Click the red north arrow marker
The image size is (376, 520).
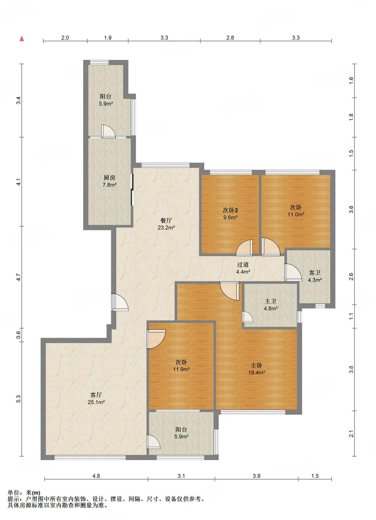click(x=22, y=38)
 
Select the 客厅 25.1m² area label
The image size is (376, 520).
click(x=96, y=398)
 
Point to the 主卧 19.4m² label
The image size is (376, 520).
click(x=257, y=369)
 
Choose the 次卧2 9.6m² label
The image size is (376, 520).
click(x=230, y=214)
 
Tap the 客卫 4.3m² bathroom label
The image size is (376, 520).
click(x=315, y=276)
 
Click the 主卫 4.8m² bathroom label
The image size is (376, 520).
click(x=271, y=305)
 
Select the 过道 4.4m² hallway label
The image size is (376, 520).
click(x=243, y=268)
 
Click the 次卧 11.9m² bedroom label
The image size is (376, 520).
click(x=181, y=366)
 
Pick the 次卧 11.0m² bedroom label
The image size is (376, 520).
click(x=296, y=211)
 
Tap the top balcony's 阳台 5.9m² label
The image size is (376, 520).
click(x=106, y=100)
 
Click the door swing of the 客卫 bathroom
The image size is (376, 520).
click(x=293, y=272)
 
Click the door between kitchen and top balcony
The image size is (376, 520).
click(x=108, y=132)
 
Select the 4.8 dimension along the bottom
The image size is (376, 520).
click(x=96, y=476)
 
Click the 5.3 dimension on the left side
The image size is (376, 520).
click(x=19, y=399)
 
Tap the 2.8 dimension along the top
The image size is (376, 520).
click(x=230, y=38)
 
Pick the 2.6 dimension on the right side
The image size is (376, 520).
click(x=351, y=277)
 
